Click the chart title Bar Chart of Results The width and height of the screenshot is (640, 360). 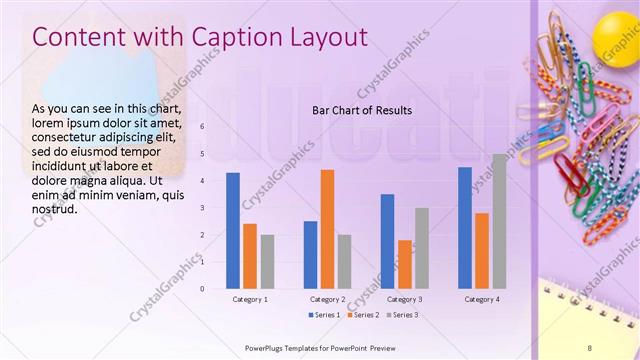362,110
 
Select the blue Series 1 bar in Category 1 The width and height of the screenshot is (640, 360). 233,230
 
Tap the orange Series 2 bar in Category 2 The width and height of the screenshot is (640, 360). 327,229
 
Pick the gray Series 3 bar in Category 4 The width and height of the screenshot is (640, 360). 498,221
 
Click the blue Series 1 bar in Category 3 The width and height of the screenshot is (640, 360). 387,241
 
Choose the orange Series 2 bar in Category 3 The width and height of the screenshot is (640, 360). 404,264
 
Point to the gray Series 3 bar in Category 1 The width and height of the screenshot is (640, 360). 267,261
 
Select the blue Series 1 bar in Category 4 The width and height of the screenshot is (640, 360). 464,227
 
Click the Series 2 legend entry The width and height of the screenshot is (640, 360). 362,315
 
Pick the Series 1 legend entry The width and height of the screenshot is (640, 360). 323,315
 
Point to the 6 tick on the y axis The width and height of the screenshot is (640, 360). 202,127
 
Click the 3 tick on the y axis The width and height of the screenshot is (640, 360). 202,208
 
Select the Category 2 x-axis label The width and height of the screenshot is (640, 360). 327,299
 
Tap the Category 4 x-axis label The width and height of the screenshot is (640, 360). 481,299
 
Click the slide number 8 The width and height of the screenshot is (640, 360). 618,347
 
